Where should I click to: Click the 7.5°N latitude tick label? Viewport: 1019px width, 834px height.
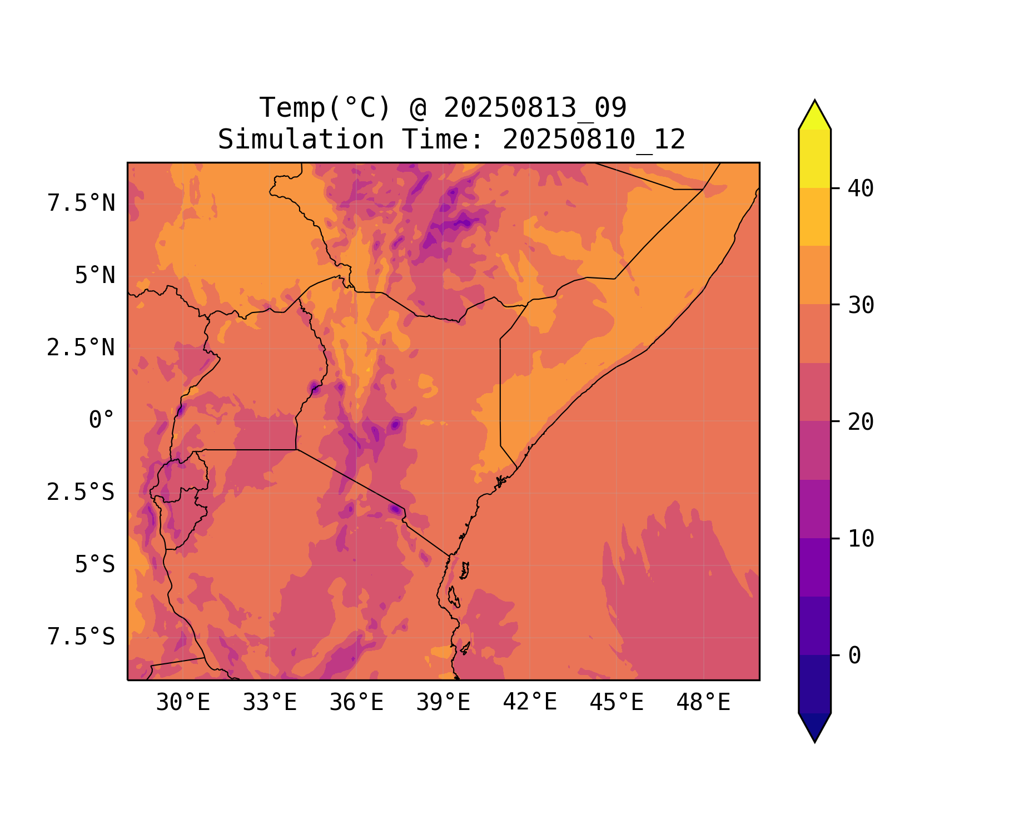[x=81, y=203]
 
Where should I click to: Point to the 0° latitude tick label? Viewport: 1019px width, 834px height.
[x=102, y=420]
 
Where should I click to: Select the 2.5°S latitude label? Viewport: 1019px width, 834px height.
[x=81, y=493]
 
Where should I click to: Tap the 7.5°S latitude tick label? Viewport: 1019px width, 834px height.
[x=81, y=637]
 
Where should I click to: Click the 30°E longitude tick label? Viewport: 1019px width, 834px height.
[x=183, y=703]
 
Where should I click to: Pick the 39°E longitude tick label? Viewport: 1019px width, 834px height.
[x=443, y=703]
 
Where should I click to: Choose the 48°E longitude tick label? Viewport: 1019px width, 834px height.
[x=703, y=703]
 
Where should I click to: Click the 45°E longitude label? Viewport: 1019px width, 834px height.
[x=617, y=703]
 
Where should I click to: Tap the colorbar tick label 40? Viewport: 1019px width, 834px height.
[x=861, y=189]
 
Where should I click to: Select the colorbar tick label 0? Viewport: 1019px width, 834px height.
[x=854, y=656]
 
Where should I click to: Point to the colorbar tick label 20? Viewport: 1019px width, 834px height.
[x=861, y=422]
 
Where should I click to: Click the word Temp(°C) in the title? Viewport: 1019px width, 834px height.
[x=325, y=108]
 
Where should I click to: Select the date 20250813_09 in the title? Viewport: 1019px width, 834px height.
[x=535, y=108]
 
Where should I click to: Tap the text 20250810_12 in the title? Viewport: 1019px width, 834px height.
[x=594, y=140]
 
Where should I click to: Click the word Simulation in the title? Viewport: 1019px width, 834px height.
[x=301, y=140]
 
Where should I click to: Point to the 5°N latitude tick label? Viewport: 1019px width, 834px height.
[x=95, y=276]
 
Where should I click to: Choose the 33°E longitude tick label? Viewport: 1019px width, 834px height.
[x=270, y=703]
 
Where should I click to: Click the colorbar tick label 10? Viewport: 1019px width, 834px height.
[x=861, y=539]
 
